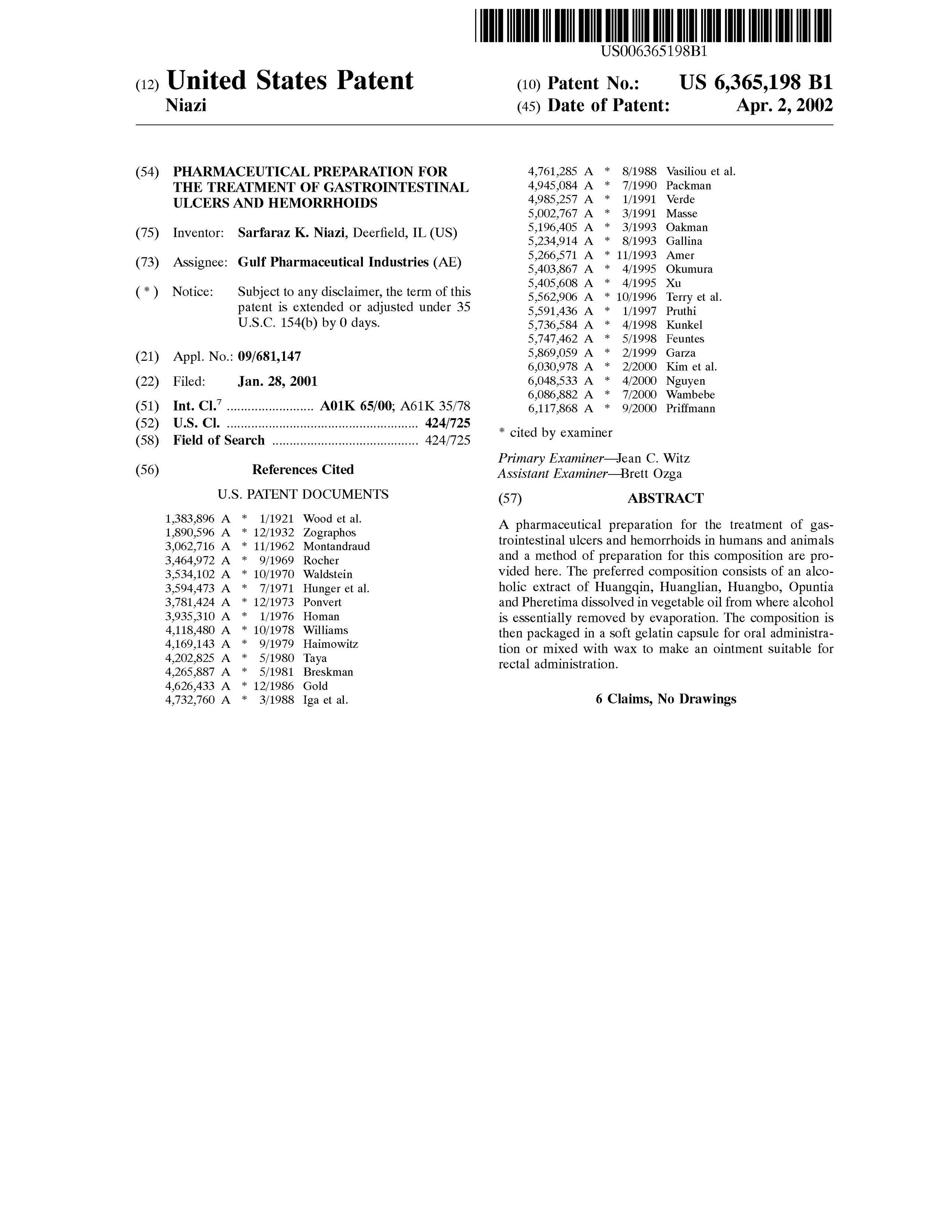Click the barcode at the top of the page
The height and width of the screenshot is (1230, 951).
click(x=653, y=25)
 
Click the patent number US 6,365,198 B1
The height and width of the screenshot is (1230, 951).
click(x=755, y=83)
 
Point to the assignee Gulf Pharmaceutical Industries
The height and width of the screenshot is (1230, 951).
click(x=333, y=262)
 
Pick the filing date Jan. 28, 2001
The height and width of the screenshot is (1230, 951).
click(x=277, y=381)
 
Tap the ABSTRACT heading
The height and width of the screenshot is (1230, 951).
click(x=665, y=498)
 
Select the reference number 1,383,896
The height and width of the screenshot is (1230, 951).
click(x=190, y=519)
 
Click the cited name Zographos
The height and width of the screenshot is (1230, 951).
click(x=329, y=532)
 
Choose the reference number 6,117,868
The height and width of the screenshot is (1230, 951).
click(x=553, y=408)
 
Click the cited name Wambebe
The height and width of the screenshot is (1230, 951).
click(x=690, y=394)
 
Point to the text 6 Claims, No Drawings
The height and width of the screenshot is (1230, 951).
click(x=665, y=699)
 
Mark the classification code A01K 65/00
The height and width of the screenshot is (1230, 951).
click(x=355, y=406)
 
